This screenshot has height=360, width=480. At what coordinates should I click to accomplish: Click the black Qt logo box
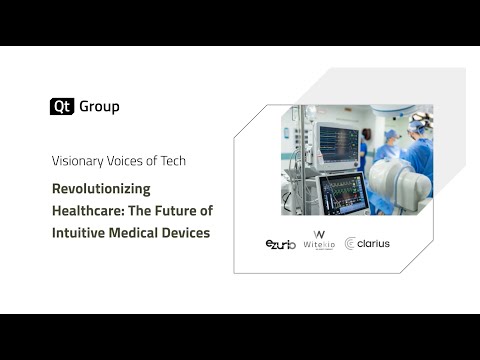tap(61, 107)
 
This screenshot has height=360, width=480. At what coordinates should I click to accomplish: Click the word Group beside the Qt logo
tap(99, 107)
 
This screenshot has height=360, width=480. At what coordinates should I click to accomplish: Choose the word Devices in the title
tap(192, 232)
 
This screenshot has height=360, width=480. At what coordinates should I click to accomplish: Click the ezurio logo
tap(280, 244)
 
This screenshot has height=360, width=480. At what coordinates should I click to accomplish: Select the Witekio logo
tap(319, 244)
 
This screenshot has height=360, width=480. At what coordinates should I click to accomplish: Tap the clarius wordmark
tap(373, 244)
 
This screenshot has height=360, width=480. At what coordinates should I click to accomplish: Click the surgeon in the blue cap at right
tap(419, 140)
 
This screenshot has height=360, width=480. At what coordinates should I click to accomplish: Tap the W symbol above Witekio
tap(319, 235)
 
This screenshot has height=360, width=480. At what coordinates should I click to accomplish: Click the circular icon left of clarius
tap(351, 244)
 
